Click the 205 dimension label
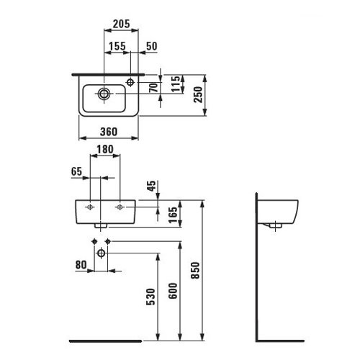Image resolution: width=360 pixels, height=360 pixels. point(121,24)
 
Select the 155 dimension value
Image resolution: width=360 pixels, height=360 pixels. point(117,46)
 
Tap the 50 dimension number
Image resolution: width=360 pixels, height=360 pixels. point(152,46)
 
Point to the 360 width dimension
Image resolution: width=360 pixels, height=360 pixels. point(109,132)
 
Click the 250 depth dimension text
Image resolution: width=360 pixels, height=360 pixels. point(199,94)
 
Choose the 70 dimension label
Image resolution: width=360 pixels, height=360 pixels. point(154,88)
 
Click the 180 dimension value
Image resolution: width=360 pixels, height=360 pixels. point(105,149)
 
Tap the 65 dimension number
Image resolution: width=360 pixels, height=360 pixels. point(76,171)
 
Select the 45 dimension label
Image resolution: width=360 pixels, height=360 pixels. point(151,186)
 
